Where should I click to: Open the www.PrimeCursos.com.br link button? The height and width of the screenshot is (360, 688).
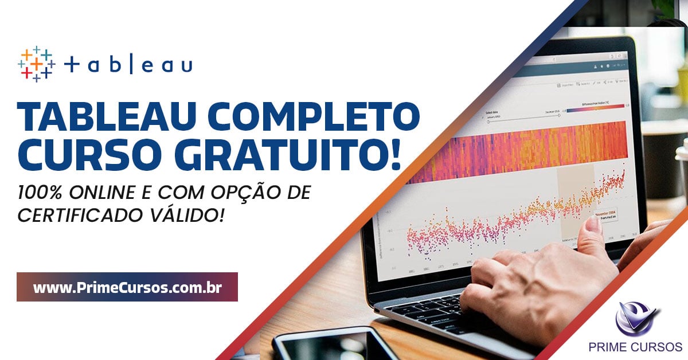pyautogui.click(x=127, y=287)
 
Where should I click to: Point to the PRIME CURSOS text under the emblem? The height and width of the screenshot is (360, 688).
pyautogui.click(x=635, y=347)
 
